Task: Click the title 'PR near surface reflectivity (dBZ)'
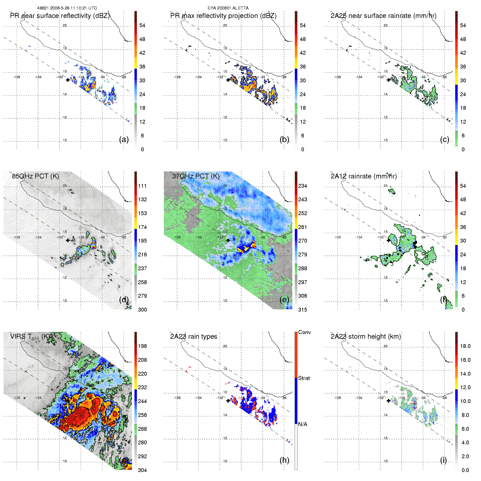click(60, 16)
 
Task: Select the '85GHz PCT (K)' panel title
click(35, 176)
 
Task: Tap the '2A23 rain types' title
click(194, 337)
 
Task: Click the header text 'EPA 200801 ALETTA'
click(228, 8)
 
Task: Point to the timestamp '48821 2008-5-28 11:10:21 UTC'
click(67, 8)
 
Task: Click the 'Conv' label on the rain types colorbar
click(304, 332)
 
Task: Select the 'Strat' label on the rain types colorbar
click(304, 378)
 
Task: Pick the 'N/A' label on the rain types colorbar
click(303, 424)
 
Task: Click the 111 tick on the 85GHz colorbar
click(142, 186)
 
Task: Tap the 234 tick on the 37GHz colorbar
click(303, 186)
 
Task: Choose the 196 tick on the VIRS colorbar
click(142, 346)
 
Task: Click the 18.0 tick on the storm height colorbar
click(465, 346)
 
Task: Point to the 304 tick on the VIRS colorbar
click(142, 470)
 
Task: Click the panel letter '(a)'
click(124, 139)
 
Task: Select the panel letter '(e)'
click(284, 300)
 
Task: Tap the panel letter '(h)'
click(284, 460)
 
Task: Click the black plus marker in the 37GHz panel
click(228, 240)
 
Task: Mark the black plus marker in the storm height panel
click(388, 401)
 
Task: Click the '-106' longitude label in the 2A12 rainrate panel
click(337, 237)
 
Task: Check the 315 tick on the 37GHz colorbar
click(303, 310)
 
